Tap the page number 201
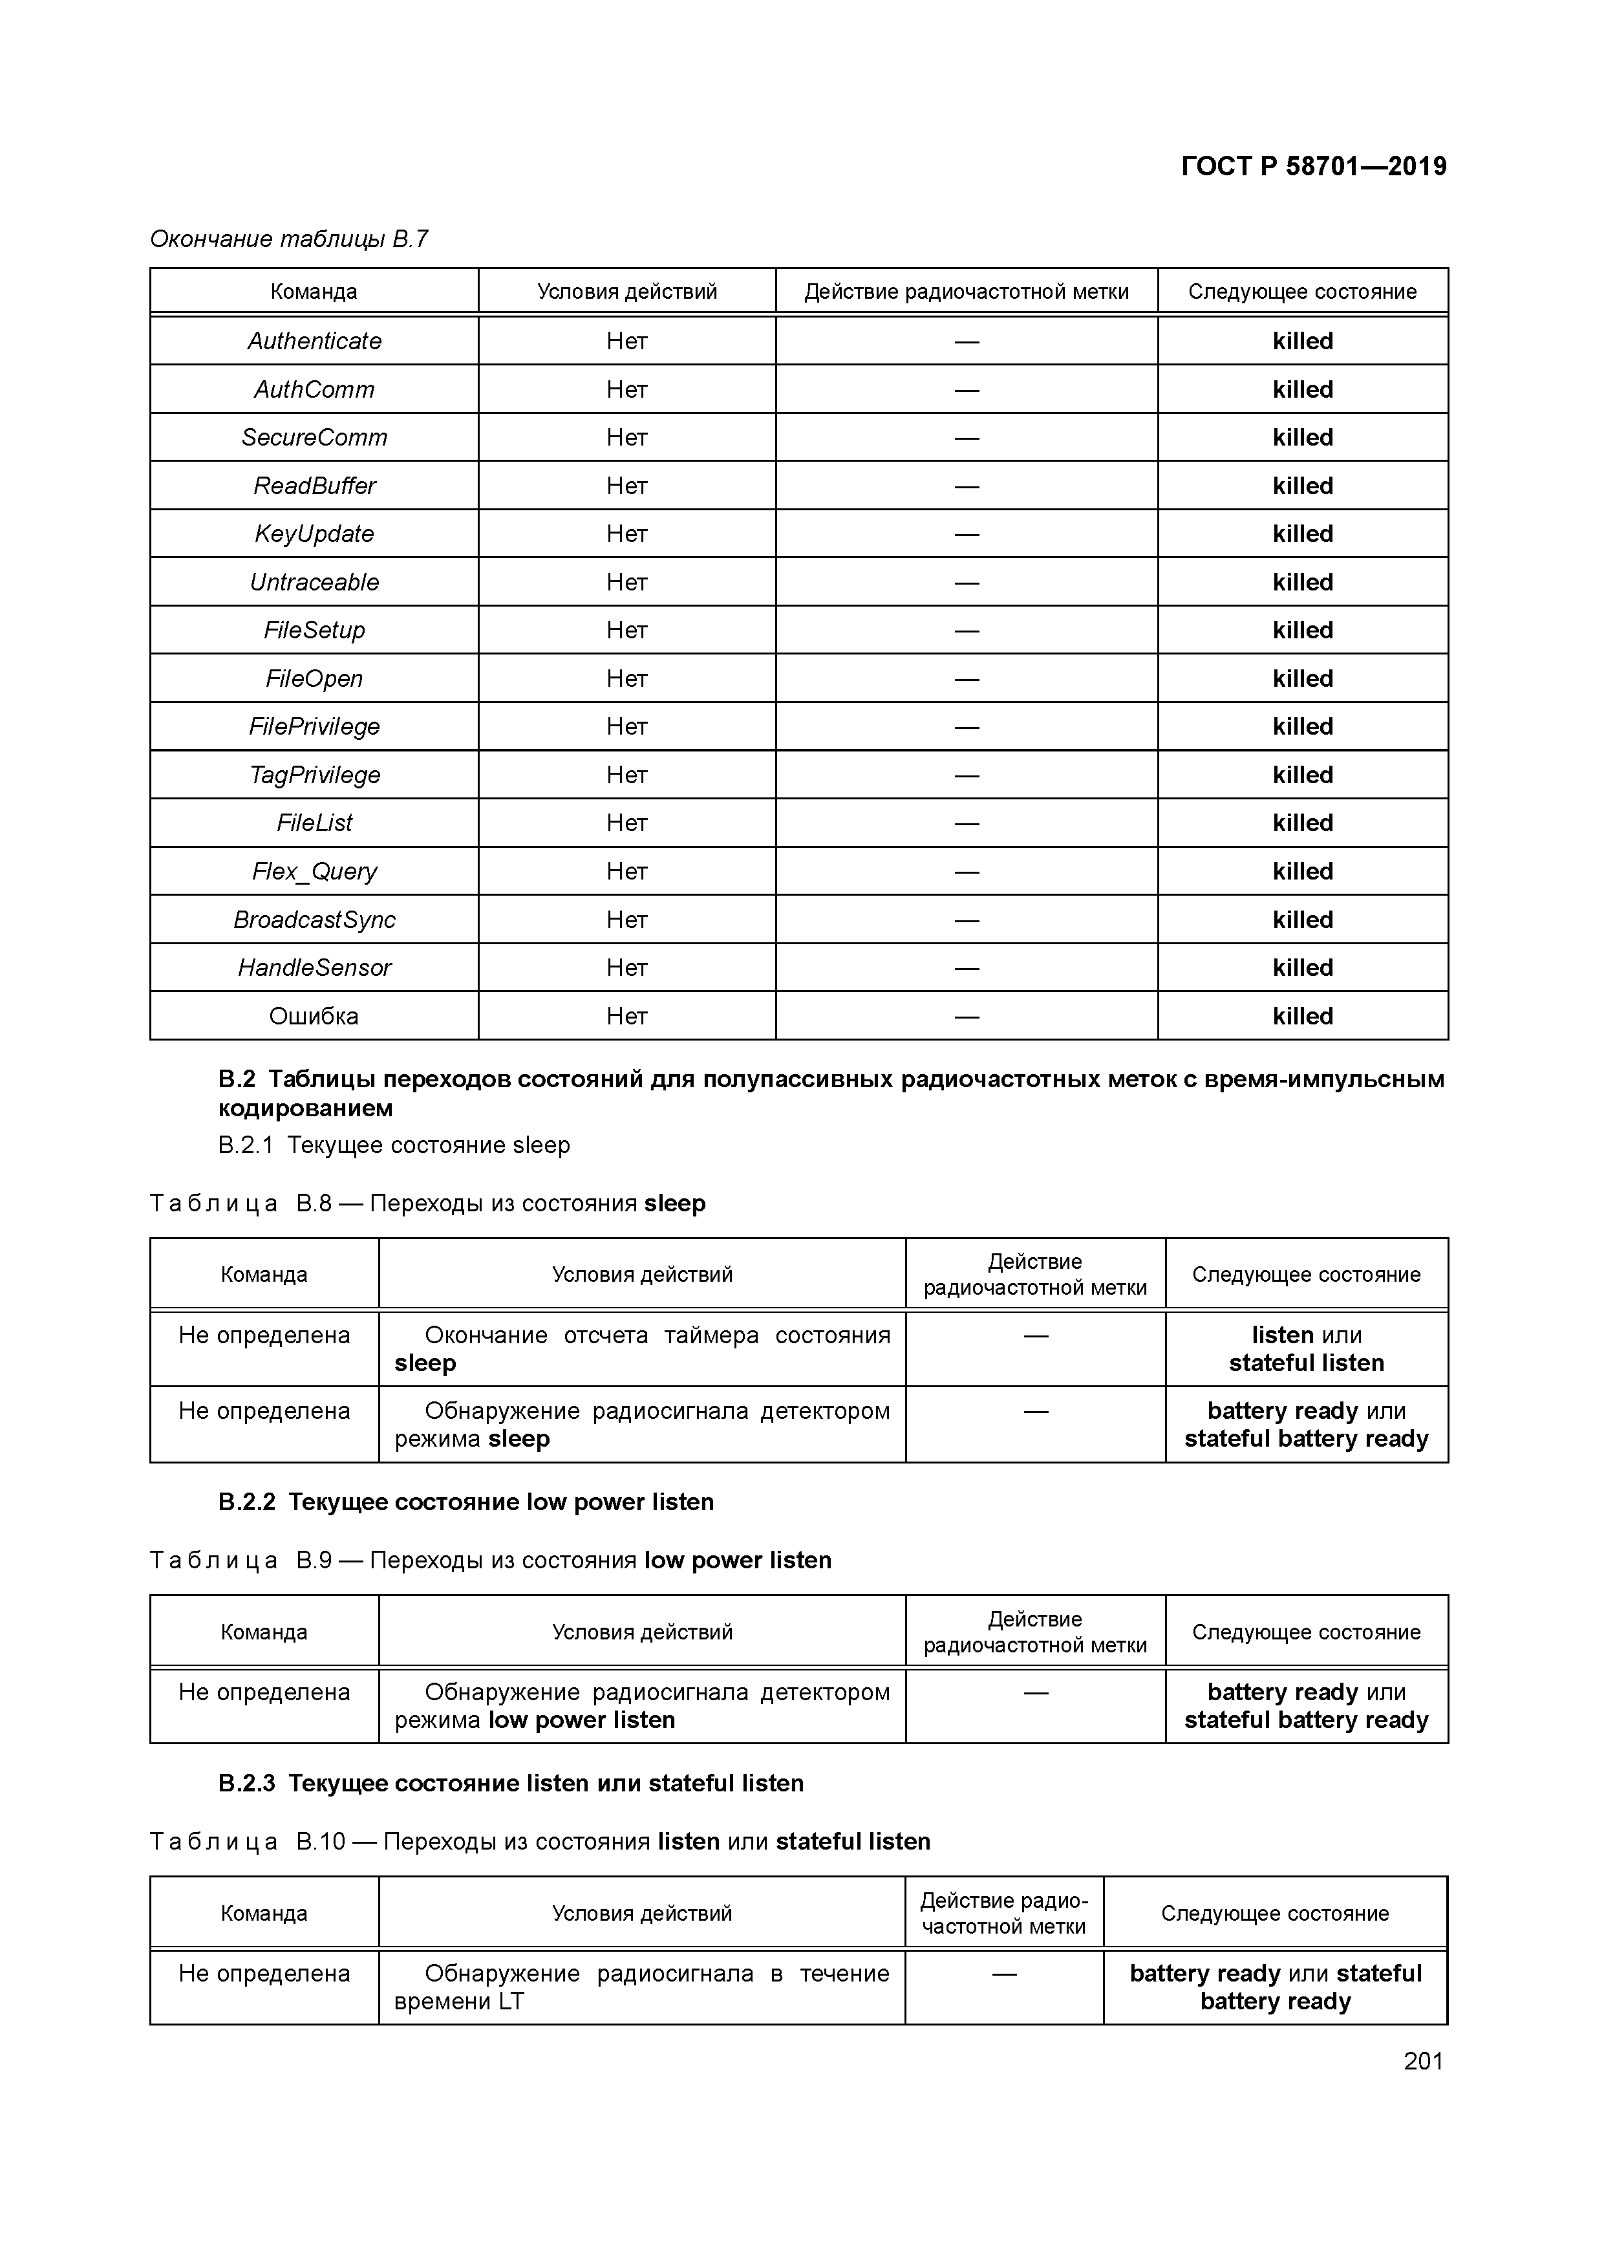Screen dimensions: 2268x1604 pyautogui.click(x=1423, y=2060)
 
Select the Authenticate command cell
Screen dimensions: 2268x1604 pyautogui.click(x=314, y=341)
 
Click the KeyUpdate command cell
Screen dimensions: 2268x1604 pyautogui.click(x=314, y=534)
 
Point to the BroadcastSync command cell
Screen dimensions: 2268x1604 pyautogui.click(x=314, y=920)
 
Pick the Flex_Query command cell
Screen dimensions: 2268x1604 pyautogui.click(x=314, y=871)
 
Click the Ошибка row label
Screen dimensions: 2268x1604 pyautogui.click(x=314, y=1015)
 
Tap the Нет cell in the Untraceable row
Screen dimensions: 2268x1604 pyautogui.click(x=626, y=582)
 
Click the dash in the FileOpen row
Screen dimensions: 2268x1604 pyautogui.click(x=966, y=678)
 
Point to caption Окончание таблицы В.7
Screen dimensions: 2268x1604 pyautogui.click(x=288, y=239)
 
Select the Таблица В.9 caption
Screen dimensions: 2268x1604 pyautogui.click(x=490, y=1560)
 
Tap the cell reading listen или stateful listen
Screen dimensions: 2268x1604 pyautogui.click(x=1306, y=1349)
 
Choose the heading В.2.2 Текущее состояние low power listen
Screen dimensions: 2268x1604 pyautogui.click(x=465, y=1502)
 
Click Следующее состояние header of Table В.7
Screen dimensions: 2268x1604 pyautogui.click(x=1302, y=292)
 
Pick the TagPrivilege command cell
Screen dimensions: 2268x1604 pyautogui.click(x=314, y=775)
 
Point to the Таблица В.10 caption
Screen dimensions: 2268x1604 pyautogui.click(x=539, y=1841)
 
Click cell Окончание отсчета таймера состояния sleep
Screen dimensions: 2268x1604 pyautogui.click(x=642, y=1349)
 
